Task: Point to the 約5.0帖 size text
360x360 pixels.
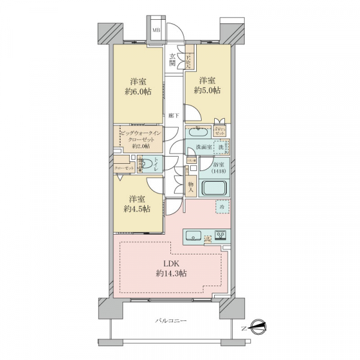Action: click(x=207, y=91)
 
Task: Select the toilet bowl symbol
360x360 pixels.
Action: click(x=146, y=163)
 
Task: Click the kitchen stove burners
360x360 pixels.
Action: click(x=220, y=235)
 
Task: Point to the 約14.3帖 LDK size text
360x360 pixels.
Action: click(x=171, y=273)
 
